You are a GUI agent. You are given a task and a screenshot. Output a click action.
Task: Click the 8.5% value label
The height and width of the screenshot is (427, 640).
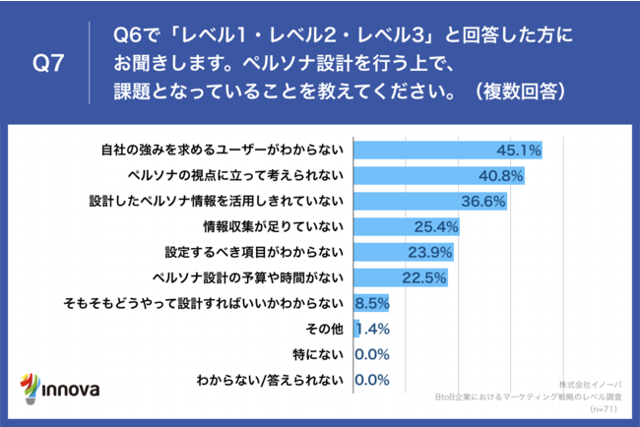[370, 302]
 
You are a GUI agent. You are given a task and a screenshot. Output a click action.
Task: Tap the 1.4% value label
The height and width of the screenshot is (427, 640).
[371, 328]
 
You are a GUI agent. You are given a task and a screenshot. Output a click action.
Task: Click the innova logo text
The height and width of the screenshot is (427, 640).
[70, 389]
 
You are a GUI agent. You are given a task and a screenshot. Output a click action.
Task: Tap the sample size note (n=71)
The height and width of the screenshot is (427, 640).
[604, 405]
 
